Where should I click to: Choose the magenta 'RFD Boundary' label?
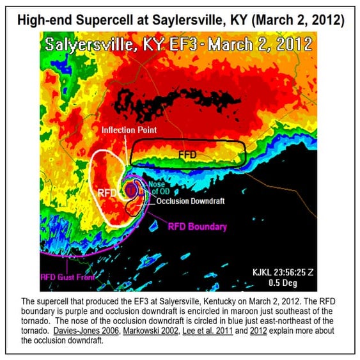(x=197, y=226)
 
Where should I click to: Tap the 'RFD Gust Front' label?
(x=67, y=278)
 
